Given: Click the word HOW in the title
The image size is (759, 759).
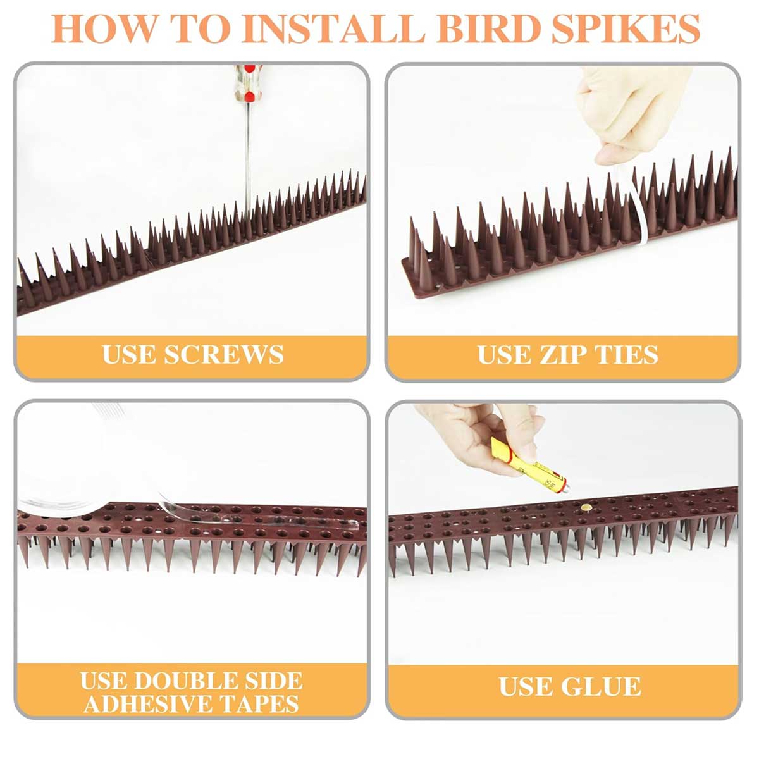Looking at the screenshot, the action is click(104, 28).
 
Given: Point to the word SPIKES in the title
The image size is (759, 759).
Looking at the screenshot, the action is click(626, 28).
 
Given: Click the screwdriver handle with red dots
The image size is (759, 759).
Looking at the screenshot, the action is click(248, 83).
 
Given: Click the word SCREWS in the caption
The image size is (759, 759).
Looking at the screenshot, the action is click(224, 354).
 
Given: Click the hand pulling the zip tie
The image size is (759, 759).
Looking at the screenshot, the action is click(634, 114).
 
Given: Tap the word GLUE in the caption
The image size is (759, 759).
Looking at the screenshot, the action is click(603, 686).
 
